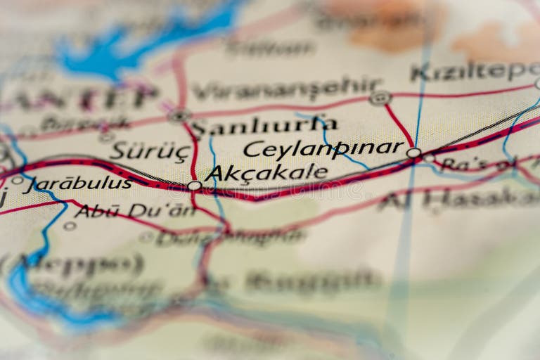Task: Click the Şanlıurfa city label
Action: [x=264, y=127]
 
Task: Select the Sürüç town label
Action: [x=150, y=150]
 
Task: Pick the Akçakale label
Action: [x=267, y=172]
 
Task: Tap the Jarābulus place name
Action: [x=77, y=184]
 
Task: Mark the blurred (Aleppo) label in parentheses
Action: [x=74, y=264]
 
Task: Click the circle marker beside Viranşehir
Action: [x=380, y=98]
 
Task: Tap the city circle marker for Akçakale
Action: [x=194, y=186]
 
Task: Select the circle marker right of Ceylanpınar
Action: [x=413, y=153]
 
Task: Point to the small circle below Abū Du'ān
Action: [x=70, y=226]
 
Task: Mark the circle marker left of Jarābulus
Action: [x=17, y=180]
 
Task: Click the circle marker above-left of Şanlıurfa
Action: [x=179, y=115]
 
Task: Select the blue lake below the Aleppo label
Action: [x=42, y=299]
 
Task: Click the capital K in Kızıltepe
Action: [x=420, y=72]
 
